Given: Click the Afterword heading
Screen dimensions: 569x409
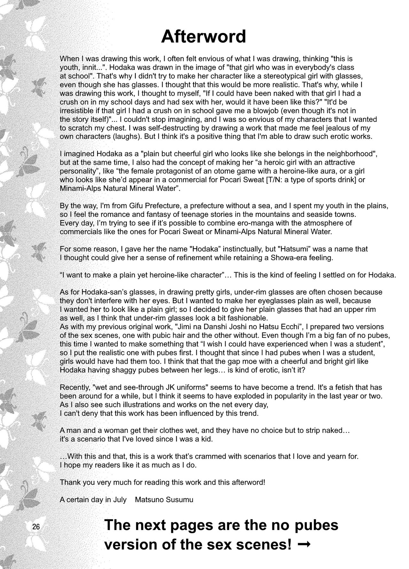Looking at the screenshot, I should coord(204,36).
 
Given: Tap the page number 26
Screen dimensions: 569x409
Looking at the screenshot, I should coord(36,526).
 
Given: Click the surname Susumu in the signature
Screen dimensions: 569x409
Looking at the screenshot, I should coord(179,499).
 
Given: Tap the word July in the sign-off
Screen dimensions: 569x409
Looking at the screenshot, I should coord(119,499).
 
